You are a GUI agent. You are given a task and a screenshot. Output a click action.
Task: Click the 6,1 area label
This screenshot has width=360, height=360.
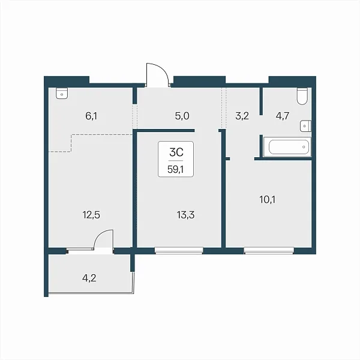[x=91, y=116]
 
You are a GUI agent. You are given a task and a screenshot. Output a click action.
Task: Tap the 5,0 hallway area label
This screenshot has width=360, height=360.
[x=182, y=116]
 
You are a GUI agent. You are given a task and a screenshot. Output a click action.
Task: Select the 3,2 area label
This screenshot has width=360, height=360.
[x=242, y=116]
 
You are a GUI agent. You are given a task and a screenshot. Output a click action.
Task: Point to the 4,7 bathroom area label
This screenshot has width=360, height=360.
[x=283, y=116]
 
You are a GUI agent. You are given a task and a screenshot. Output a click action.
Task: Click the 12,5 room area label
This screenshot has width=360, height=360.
[x=91, y=215]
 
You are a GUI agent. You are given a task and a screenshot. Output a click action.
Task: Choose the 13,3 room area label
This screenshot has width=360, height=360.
[x=185, y=215]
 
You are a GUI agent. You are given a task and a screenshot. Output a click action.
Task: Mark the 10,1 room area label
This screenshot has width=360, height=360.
[x=268, y=200]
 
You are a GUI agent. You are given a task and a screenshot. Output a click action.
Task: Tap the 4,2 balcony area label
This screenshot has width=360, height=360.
[x=89, y=278]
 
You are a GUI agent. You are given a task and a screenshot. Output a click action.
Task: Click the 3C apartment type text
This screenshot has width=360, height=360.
[x=176, y=152]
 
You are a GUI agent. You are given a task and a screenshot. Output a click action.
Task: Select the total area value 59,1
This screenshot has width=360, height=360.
[x=176, y=169]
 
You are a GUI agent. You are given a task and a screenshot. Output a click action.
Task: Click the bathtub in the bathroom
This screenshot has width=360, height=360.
[x=287, y=147]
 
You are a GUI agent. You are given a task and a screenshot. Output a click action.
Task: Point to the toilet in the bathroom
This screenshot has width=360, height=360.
[x=302, y=96]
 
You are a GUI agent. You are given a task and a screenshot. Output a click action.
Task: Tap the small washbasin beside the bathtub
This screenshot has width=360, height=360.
[x=305, y=126]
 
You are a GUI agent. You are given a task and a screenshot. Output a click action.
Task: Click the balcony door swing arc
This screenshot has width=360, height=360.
[x=101, y=236]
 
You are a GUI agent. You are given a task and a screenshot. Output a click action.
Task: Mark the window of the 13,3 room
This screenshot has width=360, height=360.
[x=179, y=250]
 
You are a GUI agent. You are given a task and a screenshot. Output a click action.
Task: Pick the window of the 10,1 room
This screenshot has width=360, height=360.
[x=269, y=250]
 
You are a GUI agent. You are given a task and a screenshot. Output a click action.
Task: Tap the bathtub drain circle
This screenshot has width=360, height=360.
[x=304, y=147]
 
